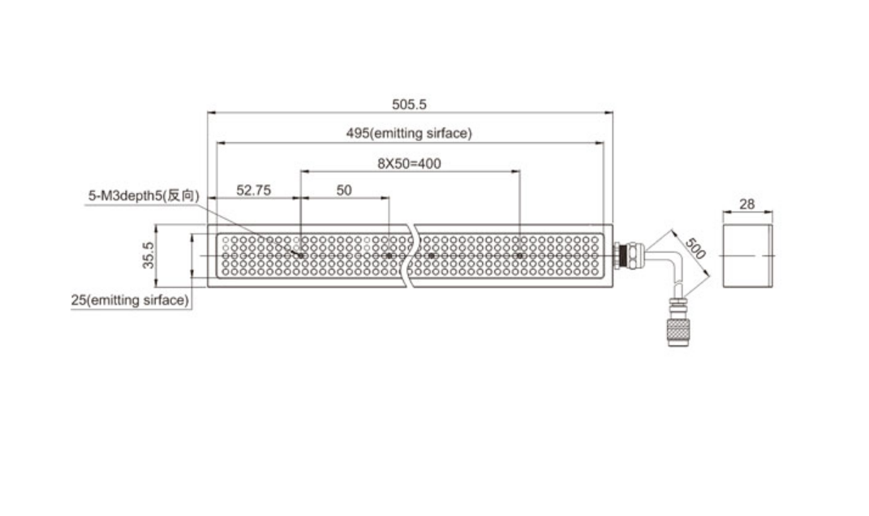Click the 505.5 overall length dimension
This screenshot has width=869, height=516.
pyautogui.click(x=409, y=104)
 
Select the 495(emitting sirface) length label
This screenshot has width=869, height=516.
pyautogui.click(x=409, y=133)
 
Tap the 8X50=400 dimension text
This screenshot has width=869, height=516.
pyautogui.click(x=409, y=164)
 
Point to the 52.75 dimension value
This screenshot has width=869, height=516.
pyautogui.click(x=254, y=190)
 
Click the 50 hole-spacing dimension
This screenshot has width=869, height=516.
pyautogui.click(x=343, y=190)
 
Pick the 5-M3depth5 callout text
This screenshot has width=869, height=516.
pyautogui.click(x=144, y=196)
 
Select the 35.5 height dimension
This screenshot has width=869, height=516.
pyautogui.click(x=148, y=255)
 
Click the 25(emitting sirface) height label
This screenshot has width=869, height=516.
pyautogui.click(x=131, y=300)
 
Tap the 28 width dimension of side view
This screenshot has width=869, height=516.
pyautogui.click(x=747, y=204)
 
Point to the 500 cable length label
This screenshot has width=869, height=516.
pyautogui.click(x=695, y=248)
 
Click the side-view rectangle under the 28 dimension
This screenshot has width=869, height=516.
pyautogui.click(x=747, y=256)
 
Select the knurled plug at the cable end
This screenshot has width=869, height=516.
pyautogui.click(x=678, y=331)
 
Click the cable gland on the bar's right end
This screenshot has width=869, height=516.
pyautogui.click(x=627, y=256)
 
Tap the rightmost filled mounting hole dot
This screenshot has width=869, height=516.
pyautogui.click(x=520, y=256)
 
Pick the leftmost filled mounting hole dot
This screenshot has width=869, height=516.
pyautogui.click(x=301, y=256)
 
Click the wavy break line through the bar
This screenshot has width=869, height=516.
pyautogui.click(x=411, y=256)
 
